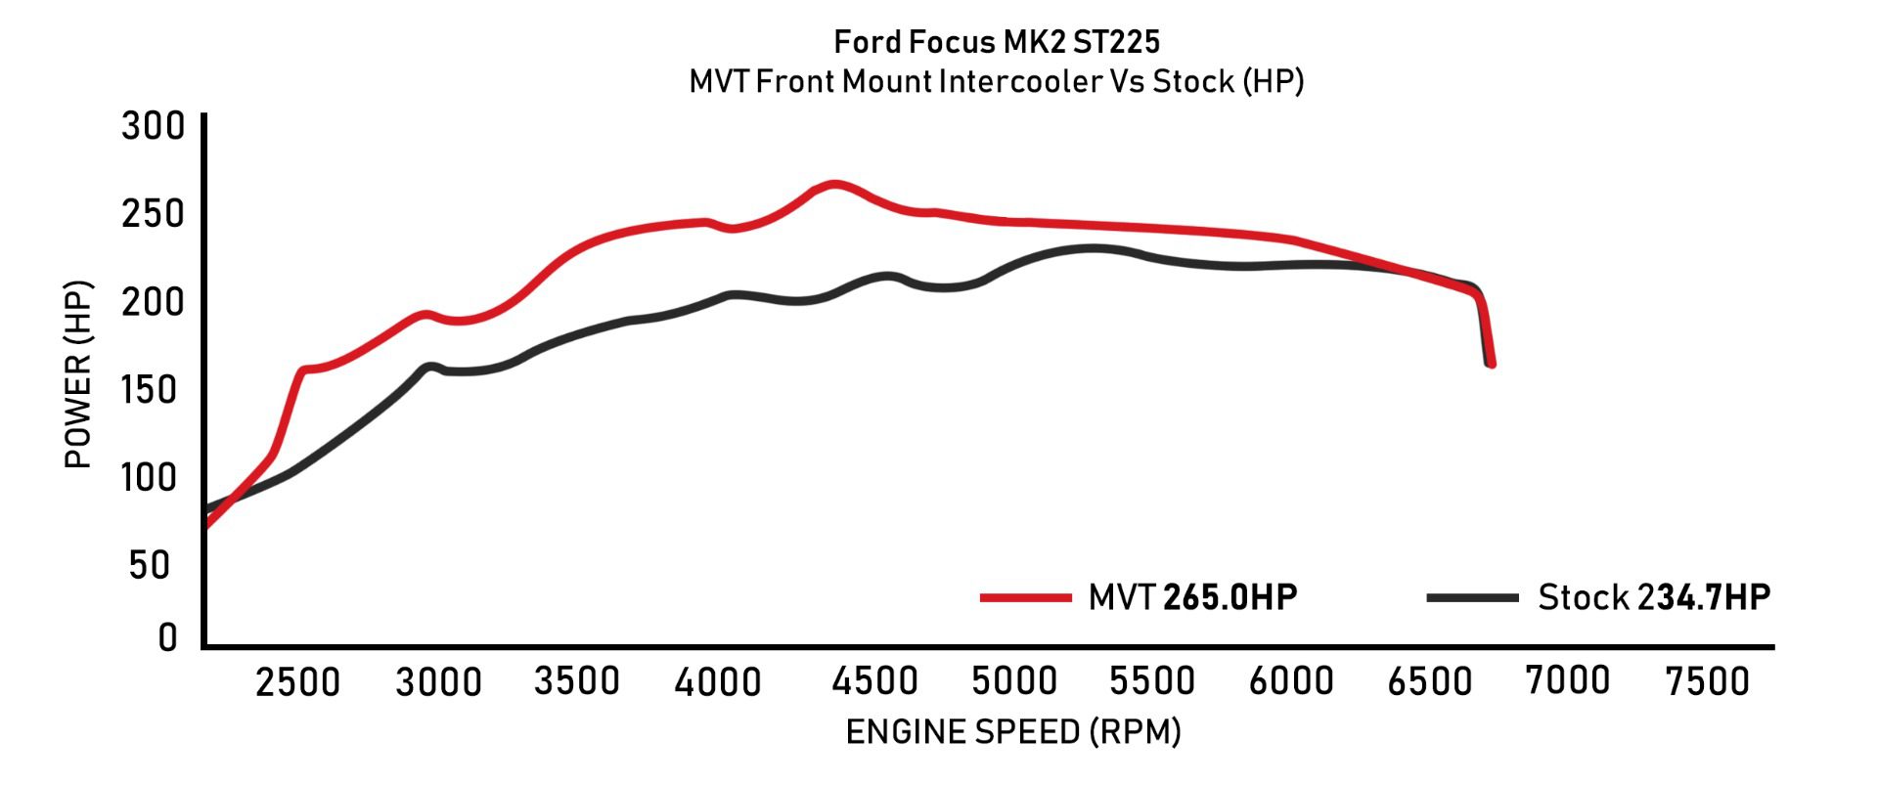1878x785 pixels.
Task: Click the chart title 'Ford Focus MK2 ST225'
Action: (996, 42)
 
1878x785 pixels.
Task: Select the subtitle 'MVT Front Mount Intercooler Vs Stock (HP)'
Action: (996, 81)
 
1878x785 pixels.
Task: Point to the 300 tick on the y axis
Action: (153, 126)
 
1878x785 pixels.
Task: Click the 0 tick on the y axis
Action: (168, 637)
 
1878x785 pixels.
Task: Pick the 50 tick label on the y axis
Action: (150, 565)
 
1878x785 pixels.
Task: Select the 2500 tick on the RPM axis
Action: (297, 681)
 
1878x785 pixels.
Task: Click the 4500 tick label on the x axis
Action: (874, 681)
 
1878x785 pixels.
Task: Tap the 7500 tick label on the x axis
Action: (1707, 681)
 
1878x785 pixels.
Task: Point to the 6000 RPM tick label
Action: (1291, 681)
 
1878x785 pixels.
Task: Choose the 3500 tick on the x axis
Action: (577, 681)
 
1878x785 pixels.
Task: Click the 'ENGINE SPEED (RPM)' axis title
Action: (1013, 732)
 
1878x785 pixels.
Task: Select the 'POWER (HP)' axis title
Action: (78, 374)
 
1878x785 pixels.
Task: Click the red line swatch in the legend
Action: (1025, 597)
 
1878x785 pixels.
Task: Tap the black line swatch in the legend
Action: (1472, 597)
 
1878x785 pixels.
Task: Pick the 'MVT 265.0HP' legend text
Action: (1192, 597)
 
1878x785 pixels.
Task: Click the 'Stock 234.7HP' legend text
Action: (1654, 597)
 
